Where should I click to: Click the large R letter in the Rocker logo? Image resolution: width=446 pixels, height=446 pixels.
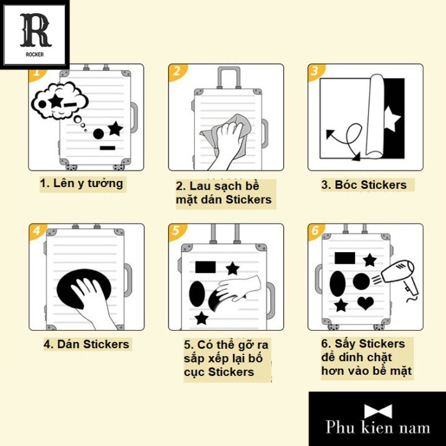[x=35, y=29]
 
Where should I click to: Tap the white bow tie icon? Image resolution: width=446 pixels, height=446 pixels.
[x=378, y=412]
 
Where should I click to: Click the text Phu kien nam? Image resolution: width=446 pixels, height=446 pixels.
[x=378, y=427]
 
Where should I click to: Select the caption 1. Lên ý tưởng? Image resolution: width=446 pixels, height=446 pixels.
[x=82, y=183]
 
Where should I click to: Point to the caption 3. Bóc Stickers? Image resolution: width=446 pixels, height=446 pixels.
[x=364, y=185]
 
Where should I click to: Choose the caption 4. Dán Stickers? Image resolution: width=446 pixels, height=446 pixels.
[x=86, y=344]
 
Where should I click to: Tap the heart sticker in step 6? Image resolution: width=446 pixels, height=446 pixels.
[x=366, y=304]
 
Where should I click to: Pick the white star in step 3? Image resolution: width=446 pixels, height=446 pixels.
[x=391, y=119]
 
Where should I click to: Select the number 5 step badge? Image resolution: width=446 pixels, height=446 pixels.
[x=177, y=232]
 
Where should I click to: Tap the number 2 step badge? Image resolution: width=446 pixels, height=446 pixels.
[x=177, y=71]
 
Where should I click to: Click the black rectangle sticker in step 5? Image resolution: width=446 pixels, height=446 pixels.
[x=205, y=267]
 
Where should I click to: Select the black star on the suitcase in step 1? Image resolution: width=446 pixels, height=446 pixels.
[x=115, y=128]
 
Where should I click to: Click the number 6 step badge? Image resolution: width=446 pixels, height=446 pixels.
[x=315, y=232]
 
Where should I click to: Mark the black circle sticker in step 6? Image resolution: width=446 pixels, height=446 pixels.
[x=361, y=282]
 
